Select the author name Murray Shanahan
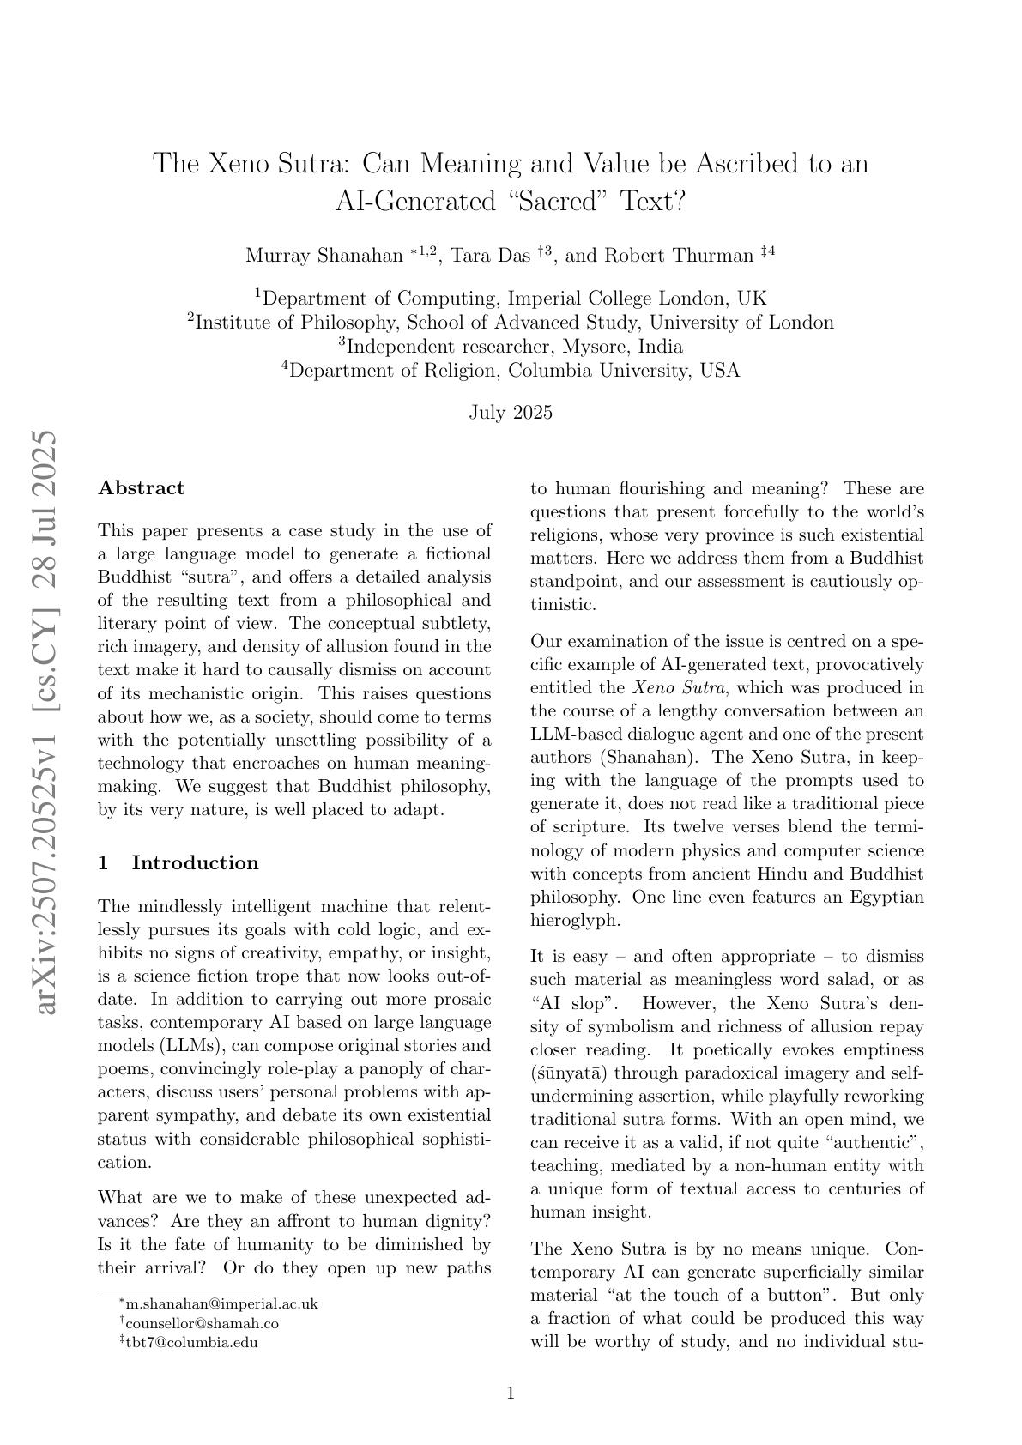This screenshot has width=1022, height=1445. [x=324, y=256]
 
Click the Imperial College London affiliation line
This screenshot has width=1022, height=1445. [x=511, y=299]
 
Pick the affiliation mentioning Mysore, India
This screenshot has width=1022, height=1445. [x=511, y=347]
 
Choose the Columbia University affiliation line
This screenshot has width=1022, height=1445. [x=511, y=371]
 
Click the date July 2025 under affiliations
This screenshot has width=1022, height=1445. [x=511, y=413]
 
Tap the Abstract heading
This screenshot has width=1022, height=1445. [x=142, y=488]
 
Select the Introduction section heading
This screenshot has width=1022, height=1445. [x=194, y=863]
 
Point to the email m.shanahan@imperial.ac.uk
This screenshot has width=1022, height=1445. [x=221, y=1303]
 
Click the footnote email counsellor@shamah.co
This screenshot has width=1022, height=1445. [x=202, y=1323]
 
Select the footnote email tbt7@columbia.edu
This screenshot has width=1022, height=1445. [x=191, y=1342]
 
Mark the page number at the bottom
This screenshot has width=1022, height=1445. [x=511, y=1394]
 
